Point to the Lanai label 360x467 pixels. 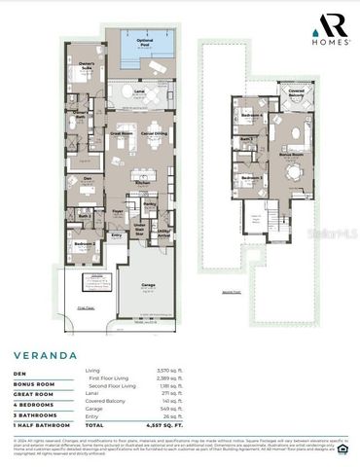click(x=139, y=91)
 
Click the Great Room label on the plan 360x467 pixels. click(x=121, y=132)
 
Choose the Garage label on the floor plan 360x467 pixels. click(x=148, y=285)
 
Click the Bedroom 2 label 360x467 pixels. click(x=87, y=244)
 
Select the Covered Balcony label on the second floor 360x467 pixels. click(x=295, y=93)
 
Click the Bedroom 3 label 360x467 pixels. click(x=253, y=178)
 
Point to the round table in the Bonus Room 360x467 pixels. click(x=293, y=172)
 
